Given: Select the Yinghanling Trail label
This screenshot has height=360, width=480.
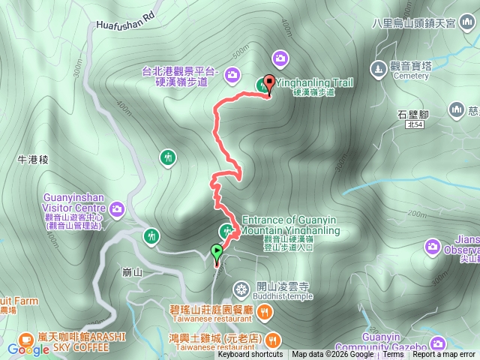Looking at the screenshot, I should click(x=315, y=84).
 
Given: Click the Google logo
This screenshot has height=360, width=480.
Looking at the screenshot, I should click(x=28, y=349).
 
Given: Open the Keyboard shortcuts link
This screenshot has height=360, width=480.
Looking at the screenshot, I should click(x=250, y=355).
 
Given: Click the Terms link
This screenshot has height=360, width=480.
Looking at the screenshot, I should click(x=393, y=355).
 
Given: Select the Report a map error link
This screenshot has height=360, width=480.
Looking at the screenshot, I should click(x=444, y=355).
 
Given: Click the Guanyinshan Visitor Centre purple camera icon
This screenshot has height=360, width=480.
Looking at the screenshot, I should click(x=117, y=208).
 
